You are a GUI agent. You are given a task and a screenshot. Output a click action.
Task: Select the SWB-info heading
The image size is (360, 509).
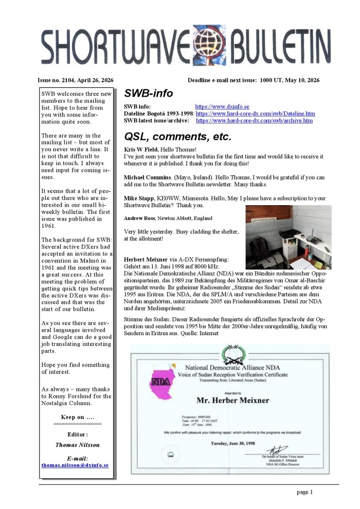click(149, 94)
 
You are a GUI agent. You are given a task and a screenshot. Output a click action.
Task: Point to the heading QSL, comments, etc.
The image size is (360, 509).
click(178, 137)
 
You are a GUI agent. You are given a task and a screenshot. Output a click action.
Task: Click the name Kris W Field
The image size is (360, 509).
click(142, 149)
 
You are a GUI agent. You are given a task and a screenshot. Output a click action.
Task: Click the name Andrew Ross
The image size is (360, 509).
click(141, 219)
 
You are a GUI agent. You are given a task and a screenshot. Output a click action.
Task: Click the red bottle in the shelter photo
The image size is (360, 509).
click(308, 253)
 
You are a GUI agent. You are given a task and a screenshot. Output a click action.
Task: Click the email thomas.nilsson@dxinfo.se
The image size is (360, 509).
click(75, 465)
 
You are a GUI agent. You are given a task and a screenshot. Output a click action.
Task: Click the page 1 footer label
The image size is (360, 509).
click(304, 492)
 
